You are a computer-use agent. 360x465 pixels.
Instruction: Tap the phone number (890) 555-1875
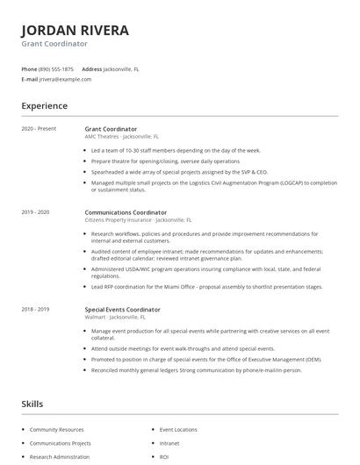click(56, 68)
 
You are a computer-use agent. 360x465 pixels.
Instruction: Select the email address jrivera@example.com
click(65, 79)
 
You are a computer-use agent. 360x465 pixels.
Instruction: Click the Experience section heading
click(44, 106)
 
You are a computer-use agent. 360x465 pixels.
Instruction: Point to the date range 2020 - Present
click(39, 129)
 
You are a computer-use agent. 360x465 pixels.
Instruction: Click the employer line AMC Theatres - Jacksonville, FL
click(122, 137)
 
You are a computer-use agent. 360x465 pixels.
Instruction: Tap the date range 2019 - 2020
click(35, 212)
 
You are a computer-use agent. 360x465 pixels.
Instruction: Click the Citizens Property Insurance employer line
click(138, 220)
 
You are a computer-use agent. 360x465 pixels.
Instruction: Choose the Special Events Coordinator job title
click(122, 310)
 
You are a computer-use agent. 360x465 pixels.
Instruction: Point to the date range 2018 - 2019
click(35, 310)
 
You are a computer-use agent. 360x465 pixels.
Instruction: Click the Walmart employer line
click(120, 318)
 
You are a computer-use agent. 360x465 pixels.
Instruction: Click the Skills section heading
click(33, 404)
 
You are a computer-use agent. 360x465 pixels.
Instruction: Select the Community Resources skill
click(57, 430)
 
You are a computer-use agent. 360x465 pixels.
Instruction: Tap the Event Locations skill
click(178, 430)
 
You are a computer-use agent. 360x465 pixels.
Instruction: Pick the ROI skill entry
click(164, 457)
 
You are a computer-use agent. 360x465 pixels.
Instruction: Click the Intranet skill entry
click(169, 443)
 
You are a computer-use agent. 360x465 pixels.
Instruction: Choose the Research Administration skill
click(60, 457)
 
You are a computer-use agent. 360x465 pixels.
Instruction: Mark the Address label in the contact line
click(91, 68)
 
